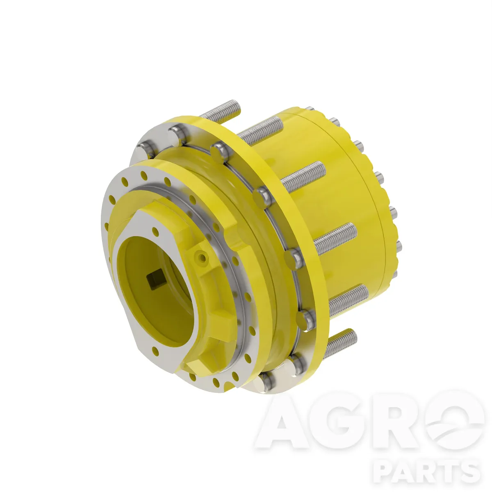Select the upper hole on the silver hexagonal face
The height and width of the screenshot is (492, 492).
point(155,232)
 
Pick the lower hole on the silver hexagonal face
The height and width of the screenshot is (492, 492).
point(155,351)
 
